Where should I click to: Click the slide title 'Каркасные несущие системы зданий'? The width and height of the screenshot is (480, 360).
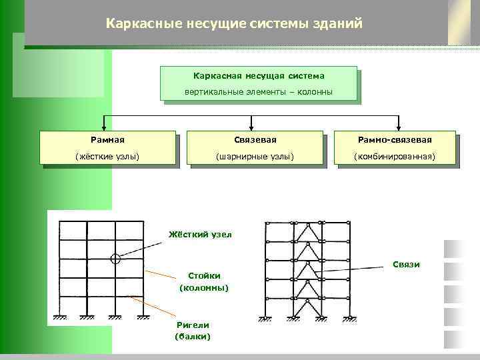coord(234,24)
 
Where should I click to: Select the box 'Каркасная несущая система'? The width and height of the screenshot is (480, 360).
coord(259,76)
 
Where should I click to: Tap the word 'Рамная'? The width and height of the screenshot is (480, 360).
coord(107,140)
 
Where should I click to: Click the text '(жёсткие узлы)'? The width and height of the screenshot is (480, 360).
coord(107,157)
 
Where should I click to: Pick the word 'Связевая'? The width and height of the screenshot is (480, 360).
coord(255,140)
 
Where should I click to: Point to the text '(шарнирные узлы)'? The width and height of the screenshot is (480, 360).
coord(255,157)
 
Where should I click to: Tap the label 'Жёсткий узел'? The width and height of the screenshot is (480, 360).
coord(200,235)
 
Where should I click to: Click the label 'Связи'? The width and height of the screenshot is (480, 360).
coord(406,265)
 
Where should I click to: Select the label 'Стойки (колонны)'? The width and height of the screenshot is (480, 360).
coord(204,282)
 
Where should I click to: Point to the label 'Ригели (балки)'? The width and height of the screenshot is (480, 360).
coord(193,331)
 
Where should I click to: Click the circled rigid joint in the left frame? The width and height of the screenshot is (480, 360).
coord(115,258)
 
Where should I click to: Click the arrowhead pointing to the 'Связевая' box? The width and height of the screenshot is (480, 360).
coord(251,127)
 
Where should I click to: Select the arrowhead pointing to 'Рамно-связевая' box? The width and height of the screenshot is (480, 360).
coord(398,127)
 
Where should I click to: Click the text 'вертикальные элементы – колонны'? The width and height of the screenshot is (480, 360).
coord(259,92)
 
